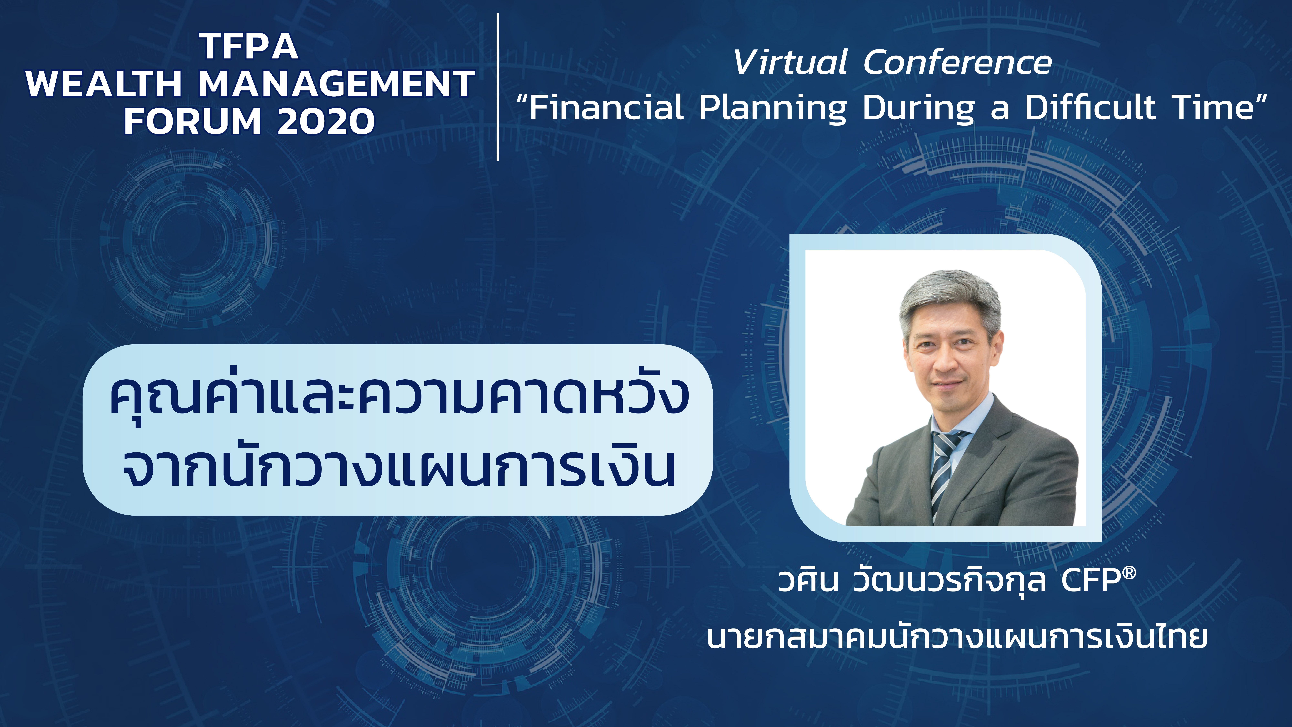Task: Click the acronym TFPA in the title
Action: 249,47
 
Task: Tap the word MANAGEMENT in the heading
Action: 337,84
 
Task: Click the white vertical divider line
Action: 498,87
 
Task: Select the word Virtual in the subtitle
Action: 790,63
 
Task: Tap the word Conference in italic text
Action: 957,63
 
